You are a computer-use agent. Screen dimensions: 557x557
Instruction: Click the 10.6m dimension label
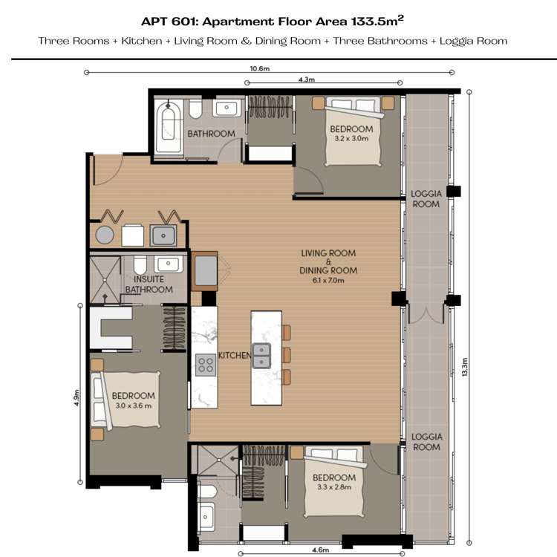[x=258, y=68]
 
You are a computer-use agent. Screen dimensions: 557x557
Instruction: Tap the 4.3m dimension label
[x=306, y=79]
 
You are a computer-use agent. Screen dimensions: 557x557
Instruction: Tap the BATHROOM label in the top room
[x=211, y=134]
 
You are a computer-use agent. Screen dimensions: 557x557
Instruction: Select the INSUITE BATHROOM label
[x=149, y=284]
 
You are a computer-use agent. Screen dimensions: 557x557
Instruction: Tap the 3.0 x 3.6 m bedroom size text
[x=132, y=405]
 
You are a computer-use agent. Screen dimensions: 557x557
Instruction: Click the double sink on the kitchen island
[x=261, y=356]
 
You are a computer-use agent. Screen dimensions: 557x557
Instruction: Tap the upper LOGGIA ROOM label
[x=426, y=198]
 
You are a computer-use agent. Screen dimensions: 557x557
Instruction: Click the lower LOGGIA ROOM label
[x=426, y=442]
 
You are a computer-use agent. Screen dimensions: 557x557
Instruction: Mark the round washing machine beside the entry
[x=105, y=235]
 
